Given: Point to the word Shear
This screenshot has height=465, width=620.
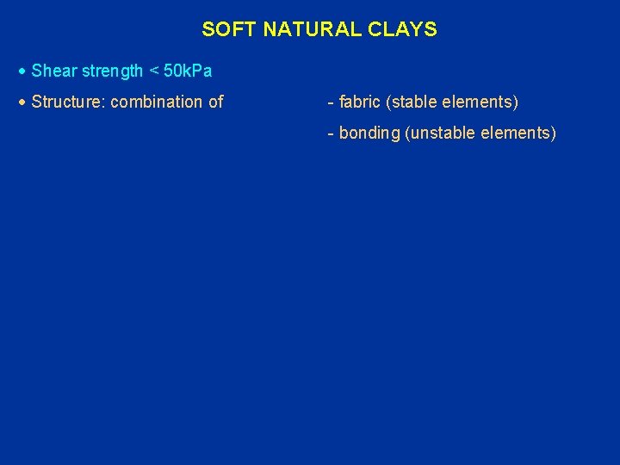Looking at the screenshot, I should (51, 71).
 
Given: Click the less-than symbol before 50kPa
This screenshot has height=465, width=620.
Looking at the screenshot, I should (155, 71).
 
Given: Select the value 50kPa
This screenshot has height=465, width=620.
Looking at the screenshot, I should (189, 71).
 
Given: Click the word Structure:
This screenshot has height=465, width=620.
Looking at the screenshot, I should (69, 102).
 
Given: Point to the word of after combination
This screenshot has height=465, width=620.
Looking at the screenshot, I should (215, 102).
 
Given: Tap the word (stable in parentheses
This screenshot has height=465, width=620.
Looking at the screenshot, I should (412, 102).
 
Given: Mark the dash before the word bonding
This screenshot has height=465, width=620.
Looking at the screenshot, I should (331, 133).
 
